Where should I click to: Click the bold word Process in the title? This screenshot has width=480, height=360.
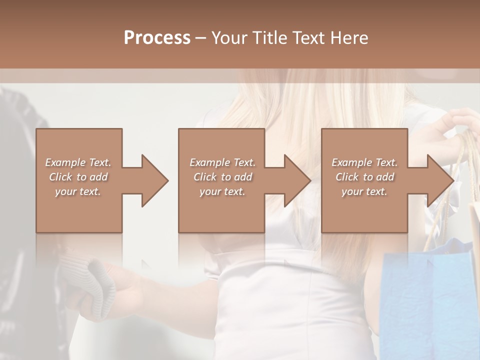[x=157, y=38]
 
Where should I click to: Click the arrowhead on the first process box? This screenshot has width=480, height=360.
[x=154, y=180]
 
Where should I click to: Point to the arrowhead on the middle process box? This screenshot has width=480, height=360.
[x=297, y=180]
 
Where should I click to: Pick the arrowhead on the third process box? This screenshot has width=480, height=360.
[x=439, y=180]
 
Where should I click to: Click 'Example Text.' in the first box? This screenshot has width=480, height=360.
[x=78, y=162]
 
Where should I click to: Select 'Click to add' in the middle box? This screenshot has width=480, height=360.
[x=222, y=177]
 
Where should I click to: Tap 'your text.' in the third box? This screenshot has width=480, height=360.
[x=364, y=191]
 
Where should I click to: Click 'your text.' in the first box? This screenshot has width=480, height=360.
[x=78, y=191]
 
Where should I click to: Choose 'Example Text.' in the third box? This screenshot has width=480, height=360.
[x=364, y=162]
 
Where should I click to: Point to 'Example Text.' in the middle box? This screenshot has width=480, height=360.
[x=222, y=162]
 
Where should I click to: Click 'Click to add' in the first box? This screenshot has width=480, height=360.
[x=78, y=177]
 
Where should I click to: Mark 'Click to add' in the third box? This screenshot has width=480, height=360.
[x=364, y=177]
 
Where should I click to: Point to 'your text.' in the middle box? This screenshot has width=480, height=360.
[x=222, y=191]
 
